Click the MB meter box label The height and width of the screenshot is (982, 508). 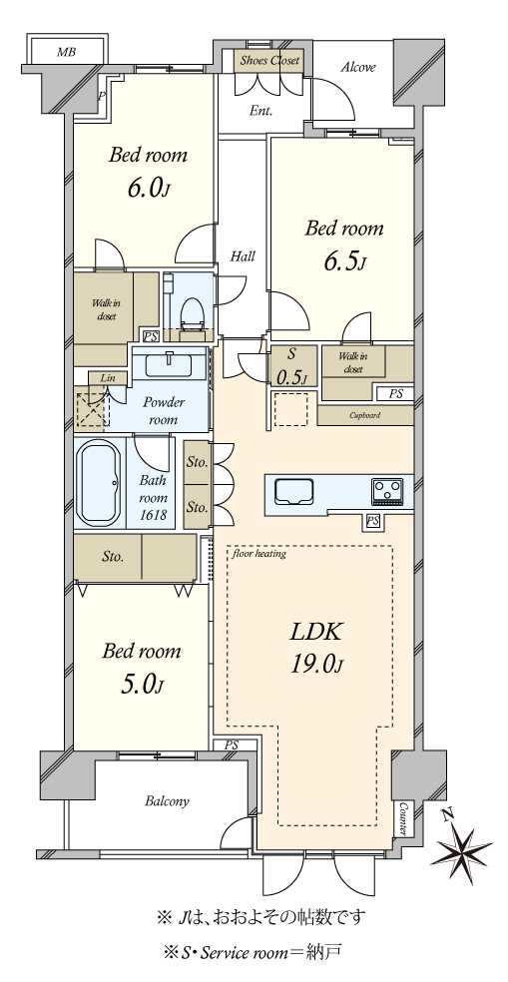pyautogui.click(x=66, y=52)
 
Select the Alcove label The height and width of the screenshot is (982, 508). pyautogui.click(x=357, y=67)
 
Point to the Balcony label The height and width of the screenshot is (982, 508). pyautogui.click(x=167, y=801)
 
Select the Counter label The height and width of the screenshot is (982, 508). pyautogui.click(x=402, y=818)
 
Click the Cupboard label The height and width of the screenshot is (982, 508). pyautogui.click(x=364, y=414)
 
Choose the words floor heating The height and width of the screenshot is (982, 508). pyautogui.click(x=258, y=554)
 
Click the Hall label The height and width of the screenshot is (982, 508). pyautogui.click(x=243, y=256)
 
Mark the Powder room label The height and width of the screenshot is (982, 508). pyautogui.click(x=159, y=411)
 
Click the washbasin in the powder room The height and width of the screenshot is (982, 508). pyautogui.click(x=169, y=363)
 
